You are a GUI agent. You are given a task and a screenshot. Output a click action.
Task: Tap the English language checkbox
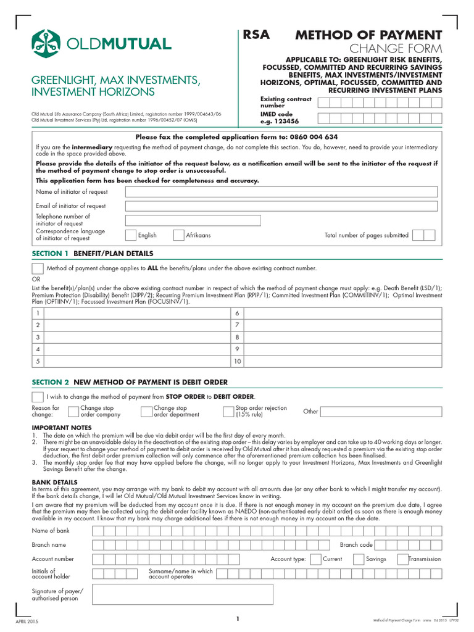point(131,235)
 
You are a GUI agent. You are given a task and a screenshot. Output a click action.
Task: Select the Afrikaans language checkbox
point(179,235)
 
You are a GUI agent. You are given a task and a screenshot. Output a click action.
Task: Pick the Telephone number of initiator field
point(193,220)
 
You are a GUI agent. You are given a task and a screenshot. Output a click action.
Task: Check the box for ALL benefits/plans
point(38,268)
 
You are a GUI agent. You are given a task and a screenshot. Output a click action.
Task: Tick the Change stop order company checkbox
point(73,412)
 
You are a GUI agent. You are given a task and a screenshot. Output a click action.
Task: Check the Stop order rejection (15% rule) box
point(228,412)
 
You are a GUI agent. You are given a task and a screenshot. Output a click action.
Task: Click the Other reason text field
point(381,412)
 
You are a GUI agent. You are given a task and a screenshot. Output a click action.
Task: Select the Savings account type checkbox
point(358,559)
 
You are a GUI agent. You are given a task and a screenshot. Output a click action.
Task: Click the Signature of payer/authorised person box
point(182,594)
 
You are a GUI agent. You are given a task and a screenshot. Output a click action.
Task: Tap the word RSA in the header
point(256,35)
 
